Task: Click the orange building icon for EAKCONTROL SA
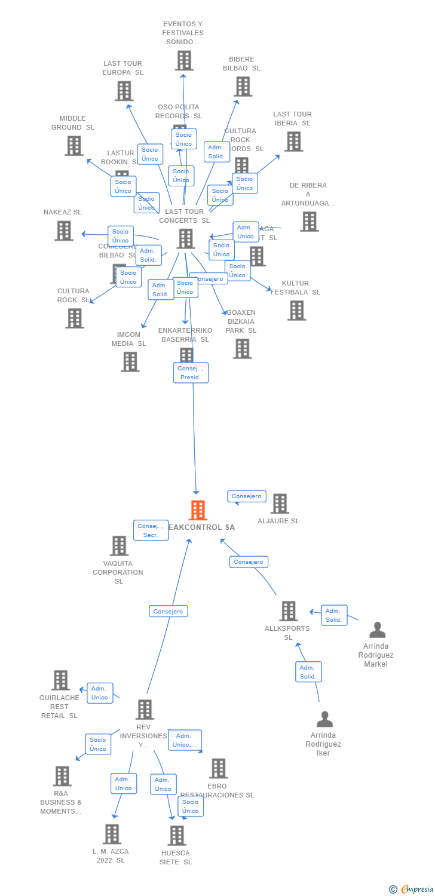(198, 510)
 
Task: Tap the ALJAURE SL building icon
(279, 504)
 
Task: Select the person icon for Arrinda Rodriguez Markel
(377, 630)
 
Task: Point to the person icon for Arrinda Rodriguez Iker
(324, 719)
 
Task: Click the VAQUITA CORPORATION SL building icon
(119, 545)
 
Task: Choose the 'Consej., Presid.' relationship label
(191, 373)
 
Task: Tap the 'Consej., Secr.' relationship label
(151, 530)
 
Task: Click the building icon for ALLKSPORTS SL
(288, 611)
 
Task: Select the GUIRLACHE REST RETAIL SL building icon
(60, 680)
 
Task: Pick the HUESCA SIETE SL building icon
(176, 835)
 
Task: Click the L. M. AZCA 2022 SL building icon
(112, 834)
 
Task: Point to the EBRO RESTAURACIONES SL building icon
(218, 768)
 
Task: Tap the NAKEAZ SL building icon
(64, 231)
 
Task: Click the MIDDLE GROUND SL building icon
(73, 146)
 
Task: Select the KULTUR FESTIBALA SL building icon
(296, 311)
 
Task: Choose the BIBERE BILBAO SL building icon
(242, 87)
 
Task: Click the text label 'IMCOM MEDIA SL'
(128, 339)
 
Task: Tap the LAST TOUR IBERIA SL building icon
(293, 142)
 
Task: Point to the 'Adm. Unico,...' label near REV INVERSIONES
(185, 740)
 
